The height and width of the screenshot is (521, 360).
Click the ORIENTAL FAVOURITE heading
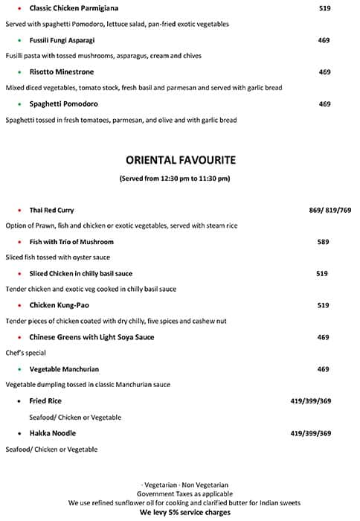tap(181, 159)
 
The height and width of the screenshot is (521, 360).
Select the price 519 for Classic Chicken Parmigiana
tap(324, 8)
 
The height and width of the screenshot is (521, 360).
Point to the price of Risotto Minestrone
tap(324, 72)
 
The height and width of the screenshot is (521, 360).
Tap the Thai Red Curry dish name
tap(51, 211)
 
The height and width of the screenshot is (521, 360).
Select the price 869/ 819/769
tap(330, 211)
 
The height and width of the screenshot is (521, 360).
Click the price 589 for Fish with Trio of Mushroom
tap(323, 242)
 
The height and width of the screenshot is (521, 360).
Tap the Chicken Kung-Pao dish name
tap(59, 305)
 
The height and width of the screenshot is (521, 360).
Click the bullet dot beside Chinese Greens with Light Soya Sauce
tap(19, 337)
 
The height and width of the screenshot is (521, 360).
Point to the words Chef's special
tap(25, 353)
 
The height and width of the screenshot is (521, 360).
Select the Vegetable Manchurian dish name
tap(64, 369)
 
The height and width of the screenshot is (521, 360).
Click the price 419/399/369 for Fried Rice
tap(310, 401)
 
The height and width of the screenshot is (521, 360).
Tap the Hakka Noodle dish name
tap(52, 433)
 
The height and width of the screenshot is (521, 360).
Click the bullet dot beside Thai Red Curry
tap(19, 211)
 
